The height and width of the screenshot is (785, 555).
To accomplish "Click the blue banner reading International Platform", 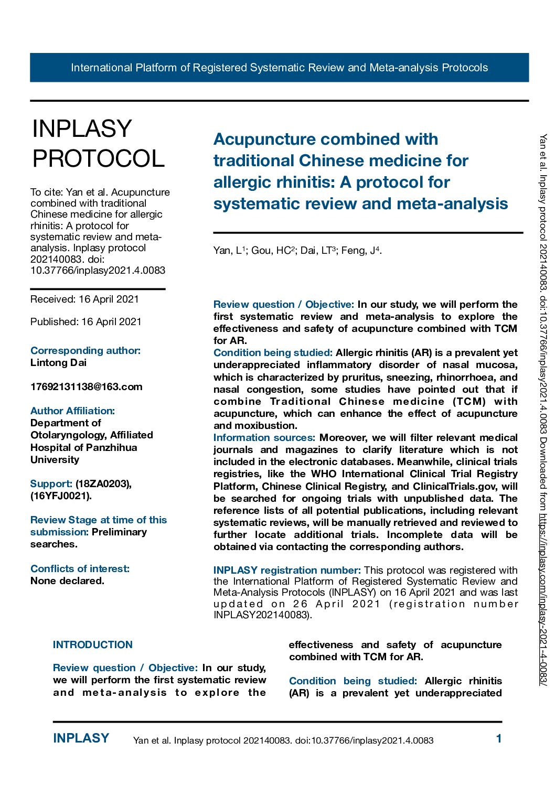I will coord(279,68).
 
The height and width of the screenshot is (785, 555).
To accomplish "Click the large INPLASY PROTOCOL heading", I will coord(98,144).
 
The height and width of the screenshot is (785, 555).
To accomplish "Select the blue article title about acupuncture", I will coord(360,171).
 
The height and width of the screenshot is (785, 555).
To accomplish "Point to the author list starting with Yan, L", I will coord(297,251).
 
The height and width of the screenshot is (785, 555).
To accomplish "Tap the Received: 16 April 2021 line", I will coord(84,299).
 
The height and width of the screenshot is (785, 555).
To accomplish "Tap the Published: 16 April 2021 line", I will coord(86,322).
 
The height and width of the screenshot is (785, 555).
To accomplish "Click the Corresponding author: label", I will coord(86,351).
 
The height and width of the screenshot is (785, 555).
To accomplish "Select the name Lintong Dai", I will coord(58,363).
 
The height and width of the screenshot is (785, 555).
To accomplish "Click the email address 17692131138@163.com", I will coord(86,387).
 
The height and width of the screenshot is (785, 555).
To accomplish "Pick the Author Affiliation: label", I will coord(72,411).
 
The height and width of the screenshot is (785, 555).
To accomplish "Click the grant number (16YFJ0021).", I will coord(61,496).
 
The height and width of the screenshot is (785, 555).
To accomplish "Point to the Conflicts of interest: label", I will coord(80,569).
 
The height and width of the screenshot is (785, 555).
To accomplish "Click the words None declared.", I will coord(67,581).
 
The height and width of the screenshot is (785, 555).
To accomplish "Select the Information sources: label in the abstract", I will coord(264,438).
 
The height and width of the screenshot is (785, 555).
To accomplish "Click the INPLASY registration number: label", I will coord(287,571).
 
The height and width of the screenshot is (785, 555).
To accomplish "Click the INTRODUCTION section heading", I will coord(93,645).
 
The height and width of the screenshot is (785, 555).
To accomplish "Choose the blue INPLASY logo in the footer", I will coord(81,738).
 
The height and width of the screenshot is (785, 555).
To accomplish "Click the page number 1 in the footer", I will coord(499,739).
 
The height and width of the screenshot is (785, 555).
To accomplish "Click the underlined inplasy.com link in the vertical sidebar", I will coord(543,598).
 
